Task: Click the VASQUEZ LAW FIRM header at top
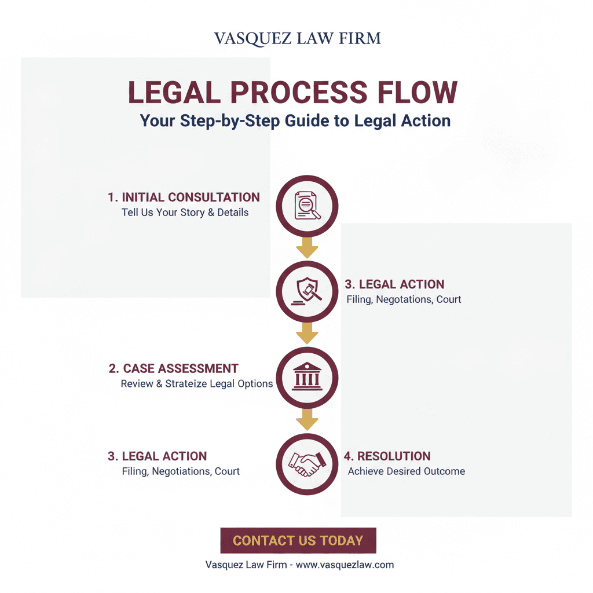click(x=297, y=39)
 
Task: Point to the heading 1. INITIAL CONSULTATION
click(x=184, y=197)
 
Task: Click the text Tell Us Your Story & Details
click(x=185, y=213)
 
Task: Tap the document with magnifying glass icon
click(x=307, y=206)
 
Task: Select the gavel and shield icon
click(x=307, y=291)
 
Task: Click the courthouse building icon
click(x=307, y=376)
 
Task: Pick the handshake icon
click(x=307, y=464)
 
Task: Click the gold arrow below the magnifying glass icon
click(x=307, y=248)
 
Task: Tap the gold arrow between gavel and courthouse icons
click(x=307, y=334)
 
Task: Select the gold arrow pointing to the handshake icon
click(x=307, y=420)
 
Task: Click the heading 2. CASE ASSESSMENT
click(x=174, y=368)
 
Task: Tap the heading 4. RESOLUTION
click(x=387, y=456)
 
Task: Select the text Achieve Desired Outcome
click(x=407, y=471)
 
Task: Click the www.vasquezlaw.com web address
click(x=345, y=565)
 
